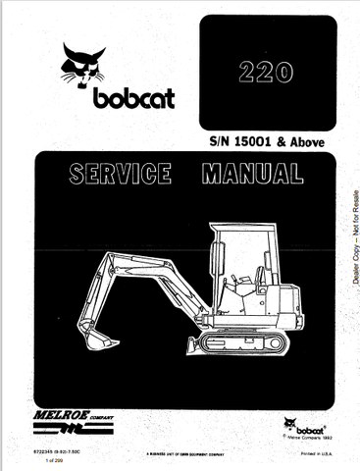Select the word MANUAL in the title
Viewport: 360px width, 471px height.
[x=252, y=177]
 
